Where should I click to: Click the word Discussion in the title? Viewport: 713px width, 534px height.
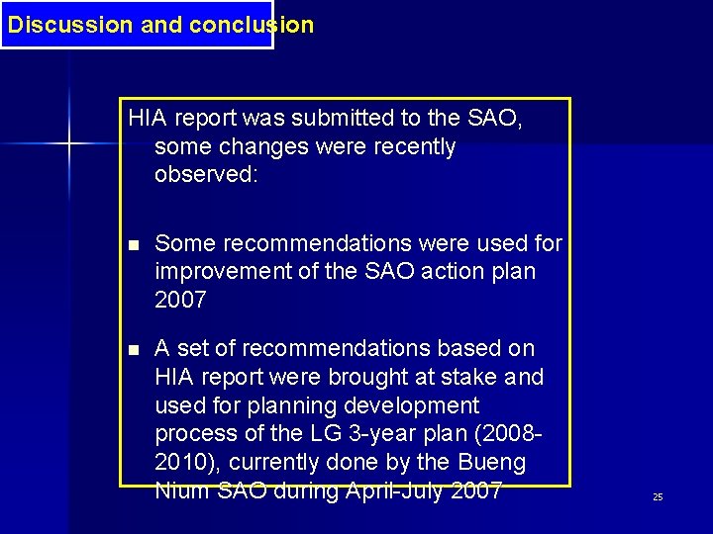70,25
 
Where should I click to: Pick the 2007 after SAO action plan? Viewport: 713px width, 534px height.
180,299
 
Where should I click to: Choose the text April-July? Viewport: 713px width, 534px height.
384,489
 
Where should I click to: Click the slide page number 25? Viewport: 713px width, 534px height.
658,496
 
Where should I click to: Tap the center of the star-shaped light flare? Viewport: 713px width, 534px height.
69,144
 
